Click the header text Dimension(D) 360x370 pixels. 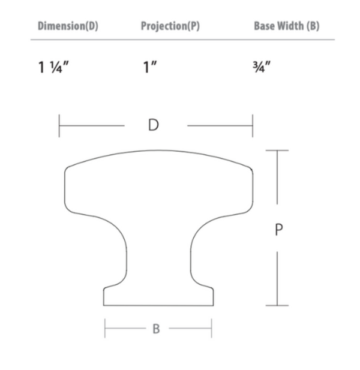point(67,26)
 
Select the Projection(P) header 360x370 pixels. point(170,26)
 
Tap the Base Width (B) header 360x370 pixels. point(286,26)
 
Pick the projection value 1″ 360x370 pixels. point(149,67)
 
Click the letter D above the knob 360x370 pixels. point(154,125)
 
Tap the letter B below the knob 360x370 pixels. point(156,329)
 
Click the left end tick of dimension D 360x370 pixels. point(59,126)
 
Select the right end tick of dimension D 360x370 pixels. point(253,126)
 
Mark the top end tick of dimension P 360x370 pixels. point(277,151)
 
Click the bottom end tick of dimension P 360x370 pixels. point(277,305)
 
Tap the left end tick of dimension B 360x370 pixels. point(105,329)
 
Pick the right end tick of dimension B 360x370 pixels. point(212,329)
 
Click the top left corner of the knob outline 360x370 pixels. point(67,167)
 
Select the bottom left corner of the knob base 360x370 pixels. point(105,305)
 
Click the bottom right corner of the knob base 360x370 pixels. point(212,305)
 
